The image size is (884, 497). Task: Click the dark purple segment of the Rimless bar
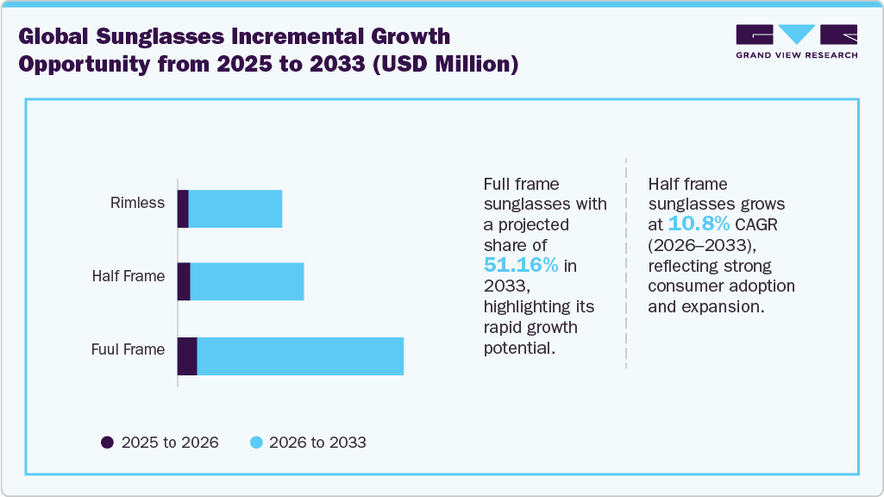coord(183,209)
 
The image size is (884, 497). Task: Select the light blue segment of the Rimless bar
coord(235,209)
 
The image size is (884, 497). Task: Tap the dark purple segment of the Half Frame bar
coord(184,282)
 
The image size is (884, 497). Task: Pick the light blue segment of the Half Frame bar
coord(247,282)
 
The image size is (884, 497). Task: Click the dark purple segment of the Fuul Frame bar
coord(187,355)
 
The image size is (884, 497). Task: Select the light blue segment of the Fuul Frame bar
coord(300,355)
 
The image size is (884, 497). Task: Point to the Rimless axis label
coord(137,204)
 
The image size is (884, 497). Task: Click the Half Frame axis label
coord(129,277)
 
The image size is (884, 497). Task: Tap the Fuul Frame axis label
coord(128,350)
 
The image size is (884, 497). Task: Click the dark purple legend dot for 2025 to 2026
coord(107,443)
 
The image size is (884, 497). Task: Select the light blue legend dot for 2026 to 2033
coord(255,443)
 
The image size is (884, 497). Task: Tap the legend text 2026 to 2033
coord(317,443)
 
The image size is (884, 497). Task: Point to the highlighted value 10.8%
coord(699,224)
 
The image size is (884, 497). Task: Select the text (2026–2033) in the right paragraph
coord(699,245)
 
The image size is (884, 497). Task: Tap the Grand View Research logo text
coord(796,55)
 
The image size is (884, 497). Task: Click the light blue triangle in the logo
coord(796,35)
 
